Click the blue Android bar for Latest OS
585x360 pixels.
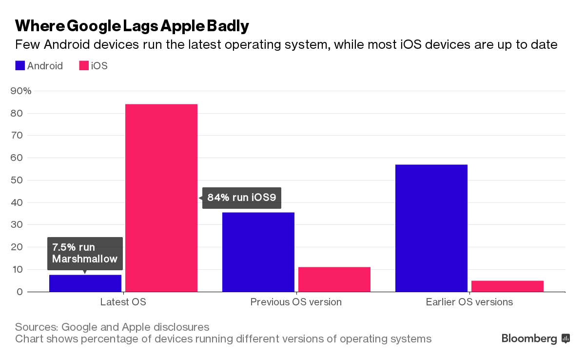[x=85, y=283]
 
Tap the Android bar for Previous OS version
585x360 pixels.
[x=258, y=252]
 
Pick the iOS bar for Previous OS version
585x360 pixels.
[x=334, y=280]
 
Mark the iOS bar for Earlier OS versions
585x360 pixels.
[x=507, y=286]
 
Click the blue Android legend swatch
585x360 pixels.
[x=20, y=66]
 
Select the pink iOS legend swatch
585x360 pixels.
[x=84, y=66]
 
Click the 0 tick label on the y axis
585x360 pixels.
[x=19, y=292]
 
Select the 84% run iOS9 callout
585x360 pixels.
[x=242, y=198]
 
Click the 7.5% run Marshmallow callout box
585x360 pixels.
[x=85, y=253]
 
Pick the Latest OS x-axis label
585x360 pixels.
[x=123, y=302]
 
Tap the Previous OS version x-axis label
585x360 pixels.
[x=296, y=302]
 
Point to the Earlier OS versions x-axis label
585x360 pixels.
[x=469, y=302]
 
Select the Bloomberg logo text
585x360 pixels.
[x=529, y=339]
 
